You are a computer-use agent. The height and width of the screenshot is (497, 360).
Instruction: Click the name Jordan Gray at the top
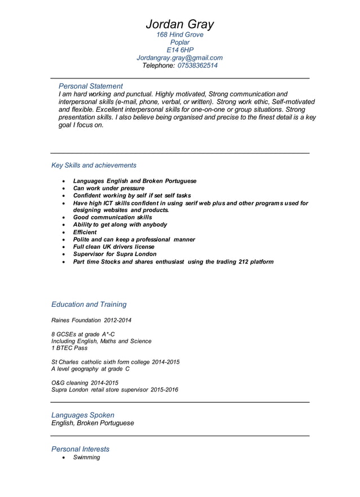tap(179, 24)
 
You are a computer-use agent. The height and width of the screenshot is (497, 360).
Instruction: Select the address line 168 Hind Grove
tap(179, 35)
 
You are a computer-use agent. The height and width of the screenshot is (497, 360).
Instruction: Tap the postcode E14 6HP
tap(179, 50)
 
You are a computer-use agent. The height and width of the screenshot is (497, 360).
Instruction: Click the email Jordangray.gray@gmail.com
tap(179, 58)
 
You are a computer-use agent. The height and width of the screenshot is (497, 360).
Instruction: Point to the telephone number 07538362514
tap(197, 65)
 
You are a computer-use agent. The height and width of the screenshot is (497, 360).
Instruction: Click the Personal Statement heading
tap(90, 86)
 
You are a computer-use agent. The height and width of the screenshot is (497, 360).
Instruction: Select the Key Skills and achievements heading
tap(94, 165)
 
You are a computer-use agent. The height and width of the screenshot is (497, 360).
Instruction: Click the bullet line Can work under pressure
tap(108, 188)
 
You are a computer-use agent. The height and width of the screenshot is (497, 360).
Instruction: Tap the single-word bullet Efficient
tap(85, 232)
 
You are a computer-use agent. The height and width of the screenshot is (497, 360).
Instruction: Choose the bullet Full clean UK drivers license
tap(113, 247)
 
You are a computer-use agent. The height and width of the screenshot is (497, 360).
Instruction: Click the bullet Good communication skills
tap(112, 217)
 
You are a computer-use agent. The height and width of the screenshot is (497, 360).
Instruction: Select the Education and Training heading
tap(89, 305)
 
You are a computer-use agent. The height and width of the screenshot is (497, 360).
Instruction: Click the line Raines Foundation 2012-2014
tap(91, 320)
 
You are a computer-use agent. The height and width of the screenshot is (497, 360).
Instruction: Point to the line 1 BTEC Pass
tap(69, 348)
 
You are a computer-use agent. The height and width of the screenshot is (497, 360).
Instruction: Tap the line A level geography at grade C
tap(90, 369)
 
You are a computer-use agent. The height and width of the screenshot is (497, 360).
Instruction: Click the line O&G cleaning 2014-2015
tap(85, 382)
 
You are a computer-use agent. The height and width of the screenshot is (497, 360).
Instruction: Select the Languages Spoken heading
tap(82, 415)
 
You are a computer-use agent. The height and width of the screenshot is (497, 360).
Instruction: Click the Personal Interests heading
tap(80, 449)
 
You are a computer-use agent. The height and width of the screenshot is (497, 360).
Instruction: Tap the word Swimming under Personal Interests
tap(86, 457)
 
